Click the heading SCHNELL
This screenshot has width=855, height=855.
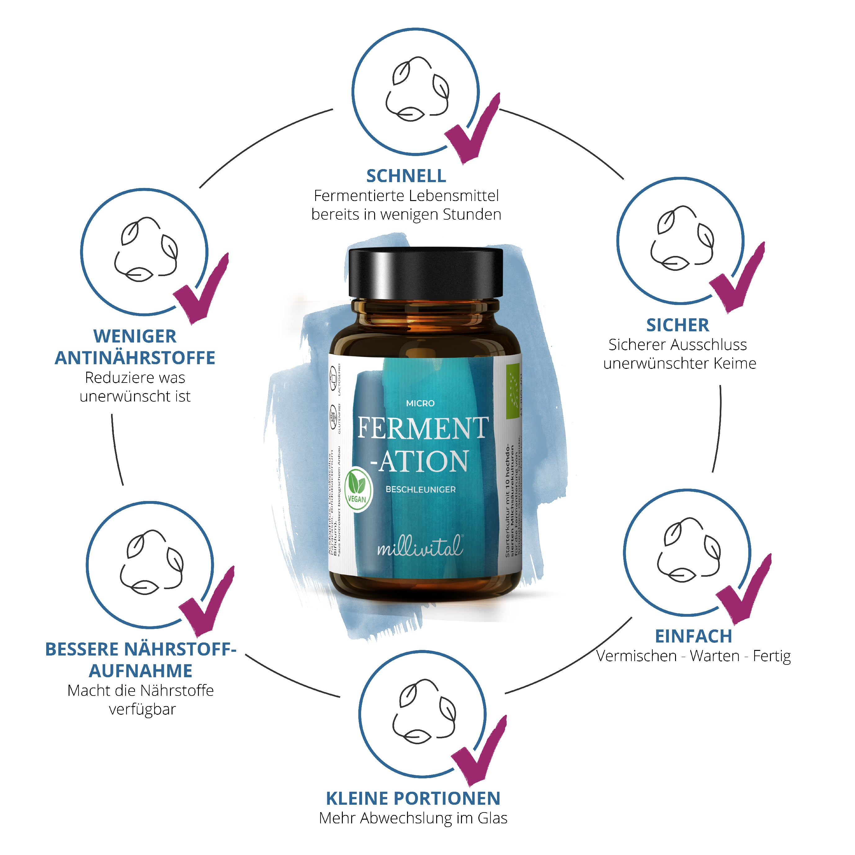coord(406,176)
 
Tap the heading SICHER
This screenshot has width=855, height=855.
coord(677,325)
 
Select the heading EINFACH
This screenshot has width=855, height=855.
coord(693,636)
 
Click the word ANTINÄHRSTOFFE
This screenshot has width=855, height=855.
coord(135,358)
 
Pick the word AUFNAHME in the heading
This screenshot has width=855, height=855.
coord(141,671)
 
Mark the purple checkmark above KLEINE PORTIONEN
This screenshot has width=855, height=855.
coord(480,752)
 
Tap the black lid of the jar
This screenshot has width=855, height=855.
coord(425,272)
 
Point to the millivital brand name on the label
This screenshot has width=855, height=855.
coord(419,548)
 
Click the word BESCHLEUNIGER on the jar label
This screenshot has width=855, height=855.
coord(420,490)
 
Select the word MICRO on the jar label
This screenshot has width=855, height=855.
coord(420,404)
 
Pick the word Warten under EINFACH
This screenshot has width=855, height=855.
coord(714,656)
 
